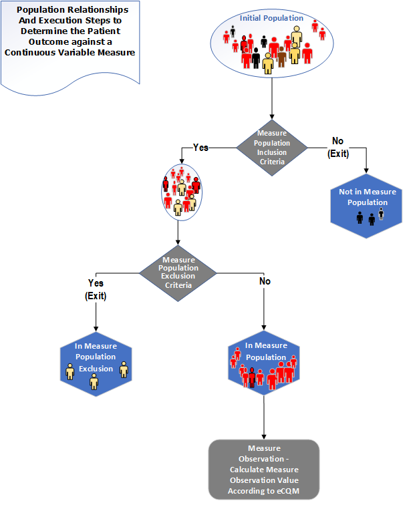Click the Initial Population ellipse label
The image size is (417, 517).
(x=271, y=18)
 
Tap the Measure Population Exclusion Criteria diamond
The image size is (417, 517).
(x=178, y=271)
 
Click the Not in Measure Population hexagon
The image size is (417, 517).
(x=367, y=204)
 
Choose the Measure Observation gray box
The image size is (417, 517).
(x=264, y=470)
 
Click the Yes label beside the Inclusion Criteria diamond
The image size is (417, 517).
(x=200, y=147)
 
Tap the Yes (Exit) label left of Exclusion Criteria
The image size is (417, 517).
(x=97, y=288)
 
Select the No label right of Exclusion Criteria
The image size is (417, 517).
(x=265, y=282)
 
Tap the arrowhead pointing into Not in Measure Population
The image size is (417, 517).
(x=367, y=176)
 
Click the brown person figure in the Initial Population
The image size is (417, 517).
(x=281, y=59)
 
